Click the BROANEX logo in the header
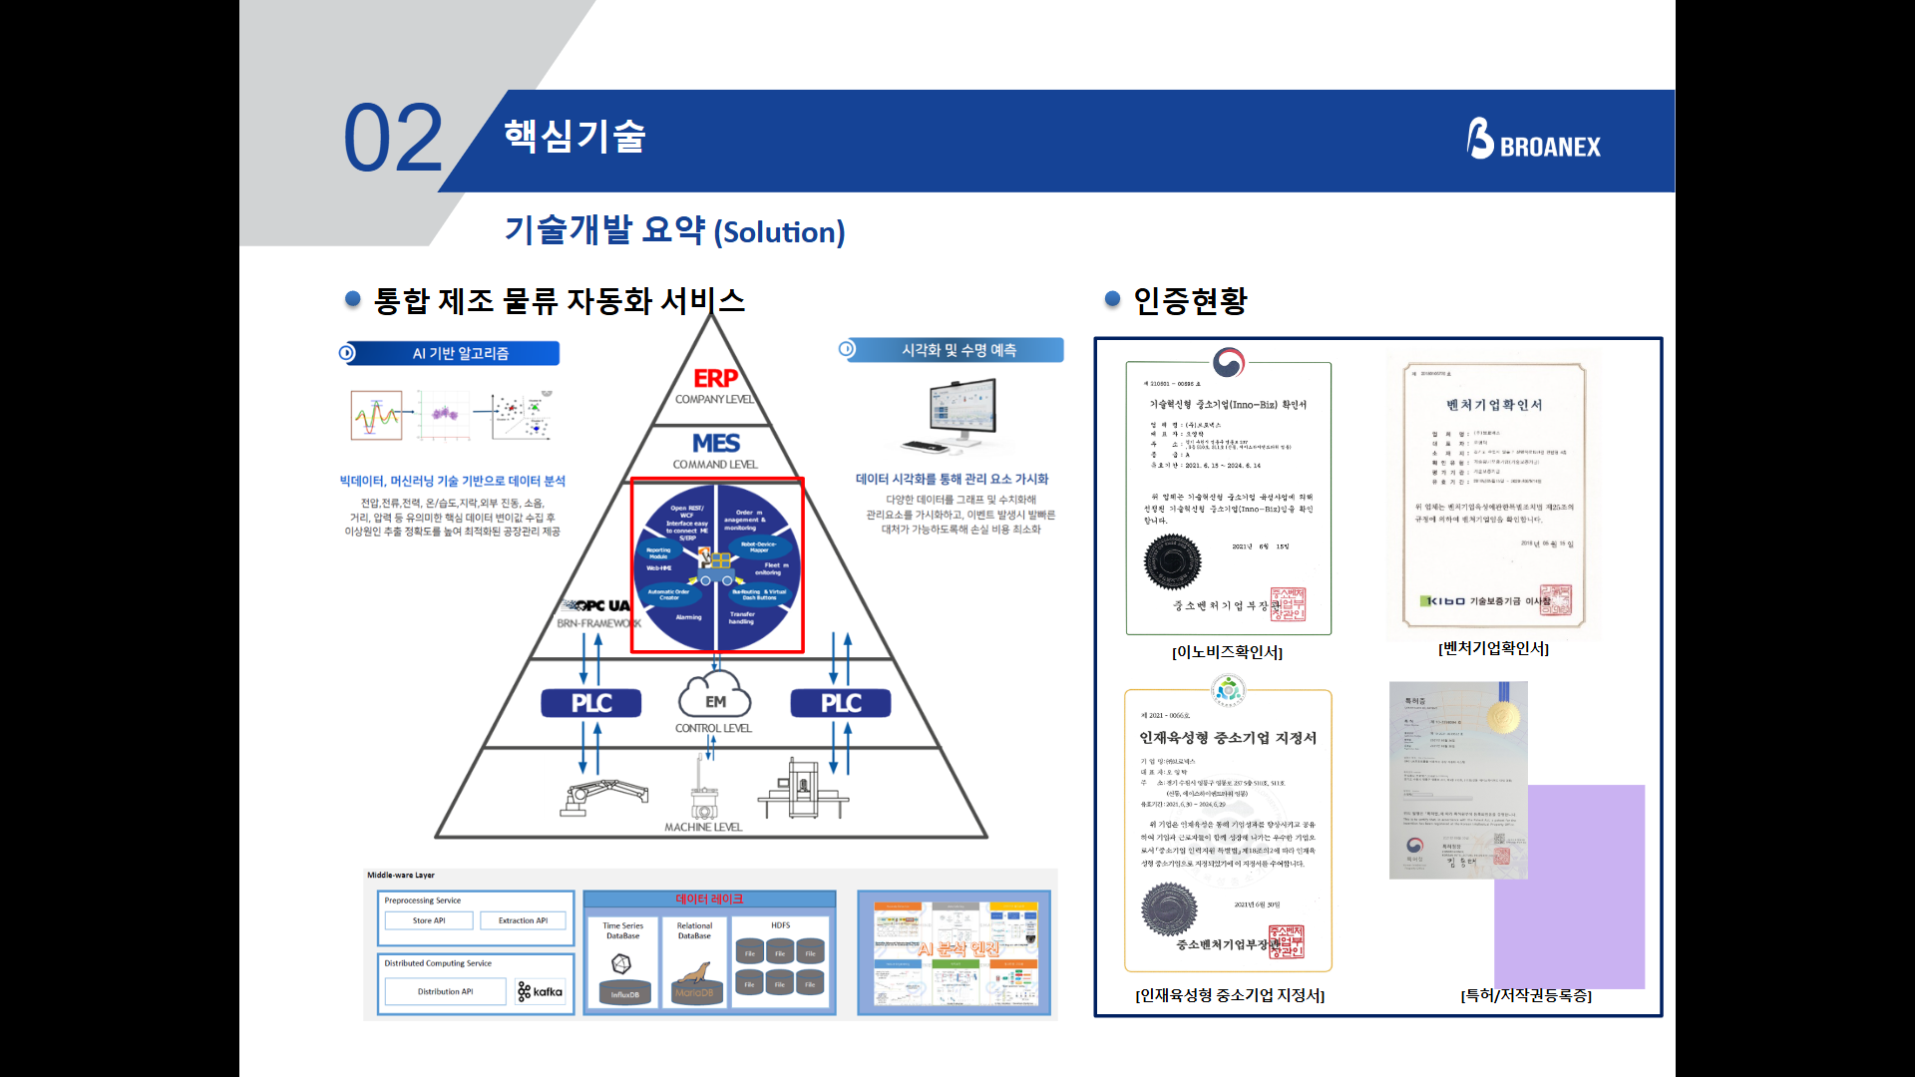(1533, 141)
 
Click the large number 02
(393, 139)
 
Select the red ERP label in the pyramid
(715, 379)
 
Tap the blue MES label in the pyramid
(715, 443)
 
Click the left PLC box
(590, 703)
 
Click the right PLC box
(840, 703)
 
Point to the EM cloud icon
(714, 695)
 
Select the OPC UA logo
(597, 605)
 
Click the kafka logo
(541, 991)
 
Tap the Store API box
(429, 920)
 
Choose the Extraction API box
(523, 920)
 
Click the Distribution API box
(445, 991)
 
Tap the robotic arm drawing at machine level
(602, 797)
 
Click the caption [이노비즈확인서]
(1227, 652)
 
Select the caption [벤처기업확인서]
(1493, 648)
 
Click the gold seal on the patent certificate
(1502, 716)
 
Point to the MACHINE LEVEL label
(703, 827)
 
